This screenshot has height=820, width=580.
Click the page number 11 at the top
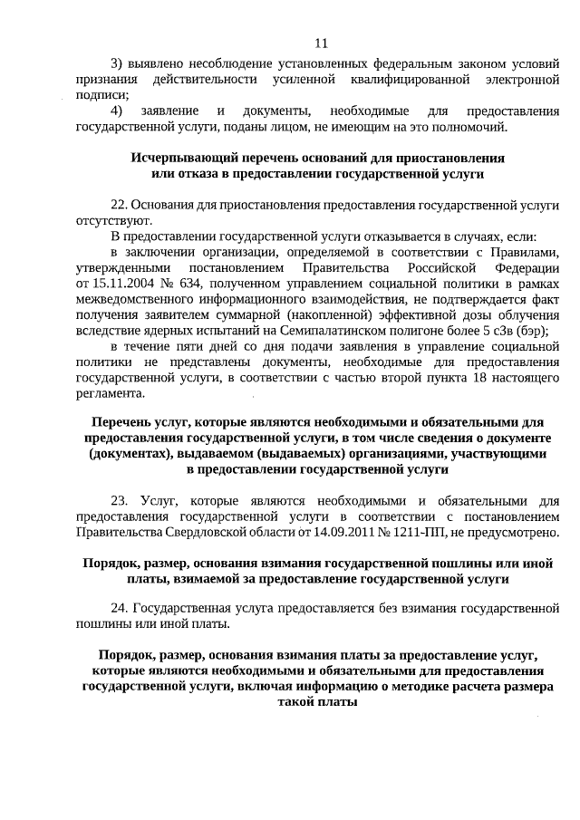click(x=321, y=43)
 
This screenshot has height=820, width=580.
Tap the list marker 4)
click(x=117, y=111)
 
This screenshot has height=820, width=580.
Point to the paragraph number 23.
click(x=121, y=500)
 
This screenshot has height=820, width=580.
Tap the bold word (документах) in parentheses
click(x=139, y=454)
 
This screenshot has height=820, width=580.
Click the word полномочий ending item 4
click(x=468, y=126)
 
